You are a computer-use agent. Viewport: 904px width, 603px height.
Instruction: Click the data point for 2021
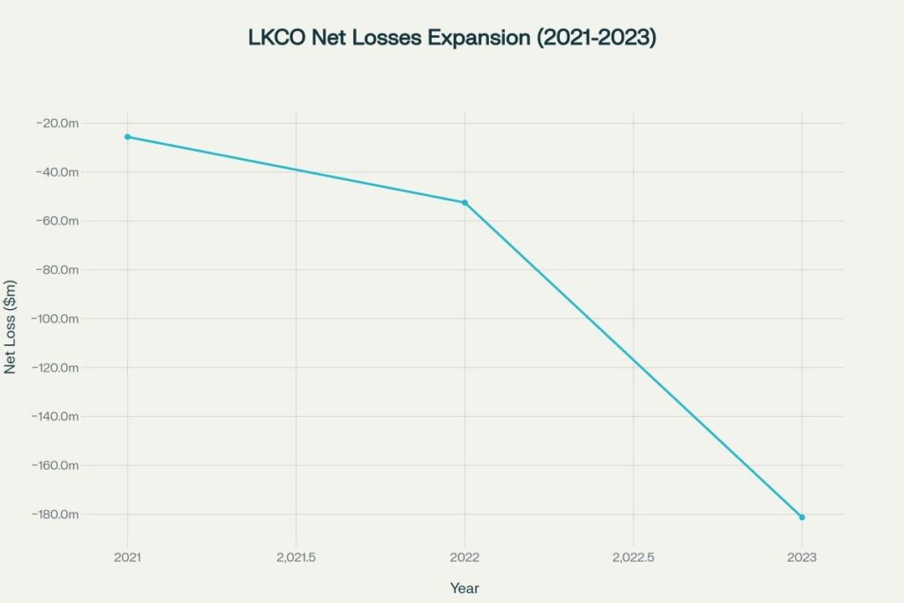127,137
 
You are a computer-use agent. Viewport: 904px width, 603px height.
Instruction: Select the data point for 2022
464,203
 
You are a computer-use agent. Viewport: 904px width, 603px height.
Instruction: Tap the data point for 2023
802,517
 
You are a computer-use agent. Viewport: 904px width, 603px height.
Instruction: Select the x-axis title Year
464,588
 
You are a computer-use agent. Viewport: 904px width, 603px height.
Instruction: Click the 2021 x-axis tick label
127,557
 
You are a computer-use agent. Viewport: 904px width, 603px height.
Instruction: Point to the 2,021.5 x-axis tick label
296,557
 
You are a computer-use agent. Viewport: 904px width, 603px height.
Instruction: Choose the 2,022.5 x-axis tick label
633,557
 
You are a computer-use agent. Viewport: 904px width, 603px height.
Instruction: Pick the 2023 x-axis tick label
802,557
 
